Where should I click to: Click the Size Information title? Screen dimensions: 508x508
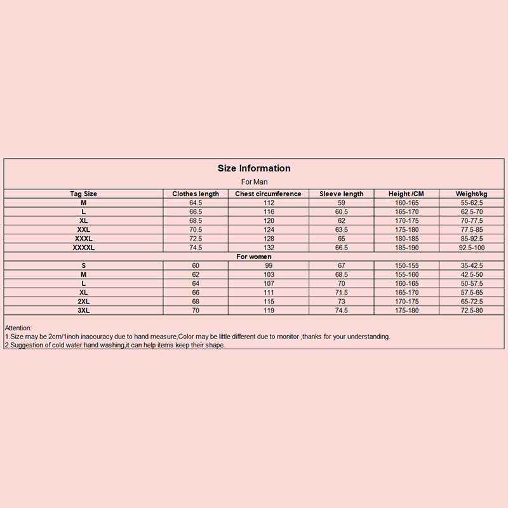click(254, 168)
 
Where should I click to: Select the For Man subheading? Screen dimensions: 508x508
click(254, 182)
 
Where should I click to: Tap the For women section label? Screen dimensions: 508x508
click(254, 257)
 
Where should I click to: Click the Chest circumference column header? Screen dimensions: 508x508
click(268, 194)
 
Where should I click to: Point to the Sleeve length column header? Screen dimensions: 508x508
click(342, 194)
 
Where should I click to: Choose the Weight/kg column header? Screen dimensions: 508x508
click(471, 194)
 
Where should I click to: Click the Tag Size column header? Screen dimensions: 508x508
click(83, 194)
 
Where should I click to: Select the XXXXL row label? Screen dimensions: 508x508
click(83, 247)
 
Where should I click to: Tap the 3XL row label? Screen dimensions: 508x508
click(83, 310)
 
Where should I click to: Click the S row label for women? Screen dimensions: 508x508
click(83, 265)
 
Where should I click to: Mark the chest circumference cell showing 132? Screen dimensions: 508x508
click(268, 247)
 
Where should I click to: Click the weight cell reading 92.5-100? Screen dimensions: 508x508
click(471, 247)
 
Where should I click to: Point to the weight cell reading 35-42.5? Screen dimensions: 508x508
click(471, 265)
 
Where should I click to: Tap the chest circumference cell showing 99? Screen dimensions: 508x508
click(268, 265)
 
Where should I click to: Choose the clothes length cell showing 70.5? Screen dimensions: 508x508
click(196, 229)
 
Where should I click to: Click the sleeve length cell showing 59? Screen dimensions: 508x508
click(342, 203)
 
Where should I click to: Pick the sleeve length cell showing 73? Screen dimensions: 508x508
click(342, 301)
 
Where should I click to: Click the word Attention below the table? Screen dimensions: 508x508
click(18, 328)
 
